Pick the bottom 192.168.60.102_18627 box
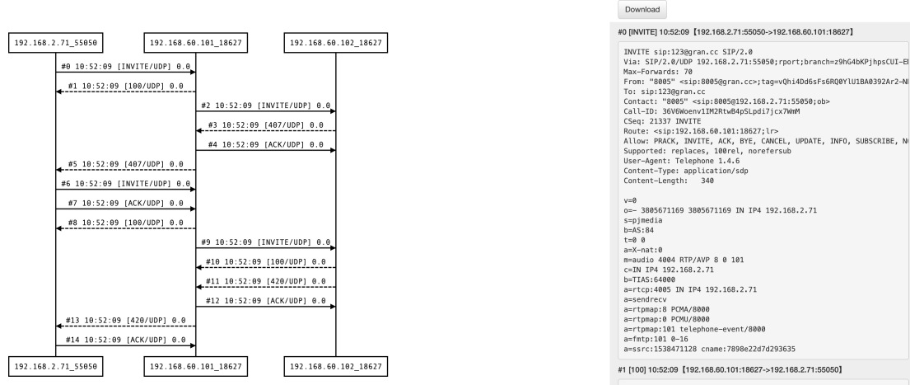click(335, 364)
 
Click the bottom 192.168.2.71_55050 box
click(55, 364)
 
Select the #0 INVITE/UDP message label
click(125, 65)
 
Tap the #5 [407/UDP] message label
click(125, 164)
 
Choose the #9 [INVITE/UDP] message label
click(265, 243)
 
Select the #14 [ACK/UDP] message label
click(125, 338)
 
